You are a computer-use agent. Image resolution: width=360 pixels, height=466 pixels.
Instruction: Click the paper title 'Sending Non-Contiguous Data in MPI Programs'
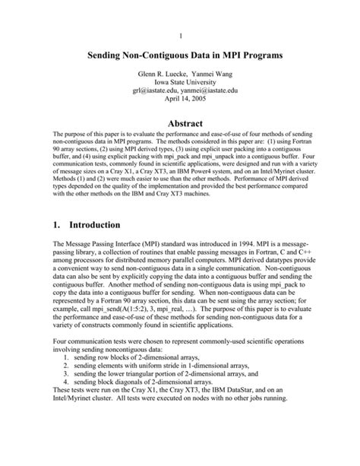[179, 55]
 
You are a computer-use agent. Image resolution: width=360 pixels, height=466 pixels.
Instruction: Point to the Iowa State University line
[179, 86]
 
